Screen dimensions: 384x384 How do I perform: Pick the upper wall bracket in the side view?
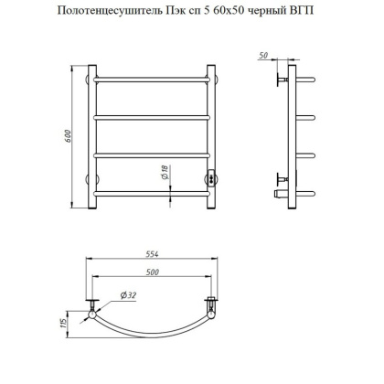pyautogui.click(x=280, y=82)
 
